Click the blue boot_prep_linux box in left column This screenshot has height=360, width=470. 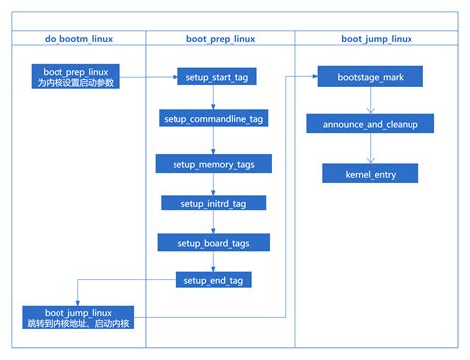pos(75,77)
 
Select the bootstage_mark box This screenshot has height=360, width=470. pos(370,75)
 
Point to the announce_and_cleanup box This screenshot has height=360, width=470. pos(370,124)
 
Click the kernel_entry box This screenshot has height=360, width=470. pos(370,173)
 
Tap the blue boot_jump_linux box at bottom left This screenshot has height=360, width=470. pos(77,317)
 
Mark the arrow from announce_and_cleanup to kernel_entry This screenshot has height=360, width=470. pos(370,149)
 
